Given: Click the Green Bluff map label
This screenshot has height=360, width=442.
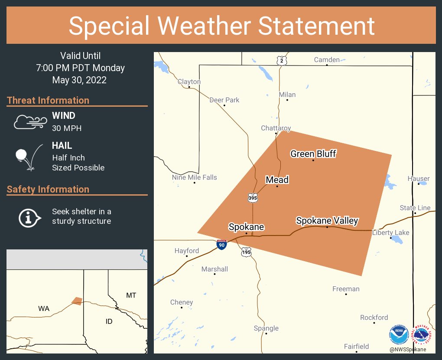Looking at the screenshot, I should [313, 154].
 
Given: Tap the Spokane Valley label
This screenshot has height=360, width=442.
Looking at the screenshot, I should [327, 220].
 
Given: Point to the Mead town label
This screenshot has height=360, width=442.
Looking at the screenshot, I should [277, 180].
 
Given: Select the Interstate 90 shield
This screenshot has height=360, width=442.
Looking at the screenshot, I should [222, 245].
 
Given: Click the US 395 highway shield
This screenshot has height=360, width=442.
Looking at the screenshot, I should [253, 198].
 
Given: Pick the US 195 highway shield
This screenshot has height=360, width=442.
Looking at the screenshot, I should [246, 252].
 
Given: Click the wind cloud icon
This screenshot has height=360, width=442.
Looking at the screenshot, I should [29, 122].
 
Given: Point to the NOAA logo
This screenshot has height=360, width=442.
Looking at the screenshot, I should [399, 335].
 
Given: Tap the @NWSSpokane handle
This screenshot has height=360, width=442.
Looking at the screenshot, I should [407, 349].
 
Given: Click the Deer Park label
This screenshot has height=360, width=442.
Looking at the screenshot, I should [224, 100].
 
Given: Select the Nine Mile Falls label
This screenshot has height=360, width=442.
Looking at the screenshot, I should [195, 177].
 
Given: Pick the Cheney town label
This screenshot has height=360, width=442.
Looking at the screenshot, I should [182, 302].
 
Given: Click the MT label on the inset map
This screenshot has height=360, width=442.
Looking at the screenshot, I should [131, 295].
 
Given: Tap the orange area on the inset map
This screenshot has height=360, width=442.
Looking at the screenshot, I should [77, 301].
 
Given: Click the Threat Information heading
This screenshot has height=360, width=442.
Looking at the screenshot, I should [48, 100].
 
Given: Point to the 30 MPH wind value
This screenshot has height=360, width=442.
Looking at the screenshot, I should [67, 128].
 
